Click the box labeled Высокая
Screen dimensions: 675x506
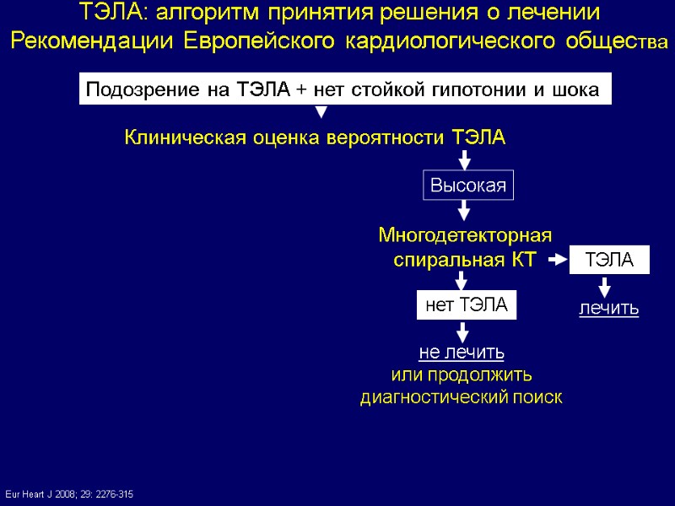click(468, 186)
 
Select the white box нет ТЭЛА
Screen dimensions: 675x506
click(466, 305)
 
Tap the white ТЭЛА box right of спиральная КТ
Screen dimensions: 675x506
click(610, 261)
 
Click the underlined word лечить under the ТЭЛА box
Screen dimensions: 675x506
click(608, 310)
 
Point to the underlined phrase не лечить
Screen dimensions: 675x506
click(462, 352)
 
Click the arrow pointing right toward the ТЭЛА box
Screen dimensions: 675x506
click(557, 261)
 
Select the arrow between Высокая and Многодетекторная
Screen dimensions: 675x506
click(464, 210)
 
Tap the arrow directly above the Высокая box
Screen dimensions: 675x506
click(464, 159)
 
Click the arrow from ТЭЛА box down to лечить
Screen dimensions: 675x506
click(605, 287)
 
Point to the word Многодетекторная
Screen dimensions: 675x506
click(464, 235)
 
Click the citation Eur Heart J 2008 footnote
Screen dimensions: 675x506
click(69, 493)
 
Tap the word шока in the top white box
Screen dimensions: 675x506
click(577, 89)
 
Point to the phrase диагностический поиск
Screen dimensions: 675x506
click(461, 396)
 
